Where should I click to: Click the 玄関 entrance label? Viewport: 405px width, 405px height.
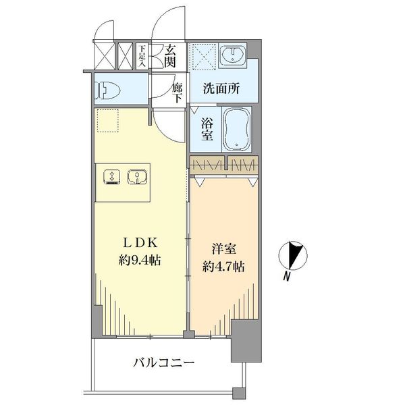click(170, 56)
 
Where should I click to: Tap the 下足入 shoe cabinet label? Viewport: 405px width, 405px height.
click(142, 56)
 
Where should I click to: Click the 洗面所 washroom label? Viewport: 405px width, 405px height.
click(221, 88)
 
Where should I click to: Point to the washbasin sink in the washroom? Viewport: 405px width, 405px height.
click(234, 56)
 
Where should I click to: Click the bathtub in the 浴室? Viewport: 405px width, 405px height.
click(236, 129)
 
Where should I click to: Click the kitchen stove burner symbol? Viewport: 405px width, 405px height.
click(111, 177)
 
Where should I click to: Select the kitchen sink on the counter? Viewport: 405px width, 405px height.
click(138, 178)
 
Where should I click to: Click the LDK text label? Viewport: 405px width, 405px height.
click(140, 243)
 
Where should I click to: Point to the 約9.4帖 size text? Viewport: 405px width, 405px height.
click(140, 260)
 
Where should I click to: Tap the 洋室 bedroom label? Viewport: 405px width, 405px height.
click(223, 250)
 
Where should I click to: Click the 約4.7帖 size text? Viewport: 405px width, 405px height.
click(223, 267)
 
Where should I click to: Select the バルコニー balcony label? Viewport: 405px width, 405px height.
click(163, 363)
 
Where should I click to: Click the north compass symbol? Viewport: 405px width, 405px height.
click(293, 256)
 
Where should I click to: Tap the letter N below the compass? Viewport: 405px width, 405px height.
click(286, 277)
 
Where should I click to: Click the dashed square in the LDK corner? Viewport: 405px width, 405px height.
click(108, 121)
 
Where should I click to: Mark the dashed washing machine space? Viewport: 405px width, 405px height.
click(204, 57)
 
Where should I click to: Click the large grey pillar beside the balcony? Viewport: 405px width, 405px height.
click(246, 341)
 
